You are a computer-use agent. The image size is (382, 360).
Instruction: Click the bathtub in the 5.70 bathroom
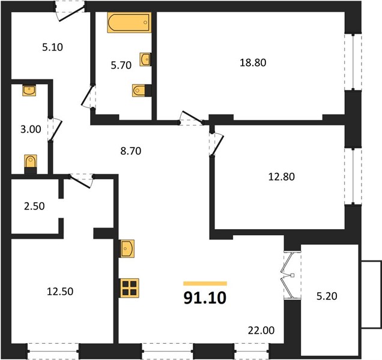coord(129,22)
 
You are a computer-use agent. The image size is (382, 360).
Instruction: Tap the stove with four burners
coord(129,288)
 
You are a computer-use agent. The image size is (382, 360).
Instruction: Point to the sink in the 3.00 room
coord(29,91)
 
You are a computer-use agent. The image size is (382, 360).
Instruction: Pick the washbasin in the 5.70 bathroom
coord(145,59)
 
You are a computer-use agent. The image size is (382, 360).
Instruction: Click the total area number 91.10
coord(205,298)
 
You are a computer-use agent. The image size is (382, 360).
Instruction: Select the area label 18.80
coord(253,62)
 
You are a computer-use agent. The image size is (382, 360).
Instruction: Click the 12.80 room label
coord(281,177)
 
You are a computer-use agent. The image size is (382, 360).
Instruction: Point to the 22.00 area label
coord(261,331)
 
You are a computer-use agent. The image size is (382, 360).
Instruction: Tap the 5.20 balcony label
coord(327,296)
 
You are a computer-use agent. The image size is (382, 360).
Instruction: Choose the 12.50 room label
coord(60,292)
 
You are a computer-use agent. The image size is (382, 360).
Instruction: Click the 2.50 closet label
coord(34,206)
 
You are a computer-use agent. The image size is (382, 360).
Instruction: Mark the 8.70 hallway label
coord(131,151)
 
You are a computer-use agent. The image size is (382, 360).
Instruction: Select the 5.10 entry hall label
coord(52,47)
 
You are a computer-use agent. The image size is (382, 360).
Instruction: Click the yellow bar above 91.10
coord(205,283)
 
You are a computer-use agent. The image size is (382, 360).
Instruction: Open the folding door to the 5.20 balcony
coord(290,275)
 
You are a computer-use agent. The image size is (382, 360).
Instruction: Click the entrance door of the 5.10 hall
coord(71,12)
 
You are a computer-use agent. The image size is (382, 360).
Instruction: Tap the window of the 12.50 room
coord(53,351)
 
